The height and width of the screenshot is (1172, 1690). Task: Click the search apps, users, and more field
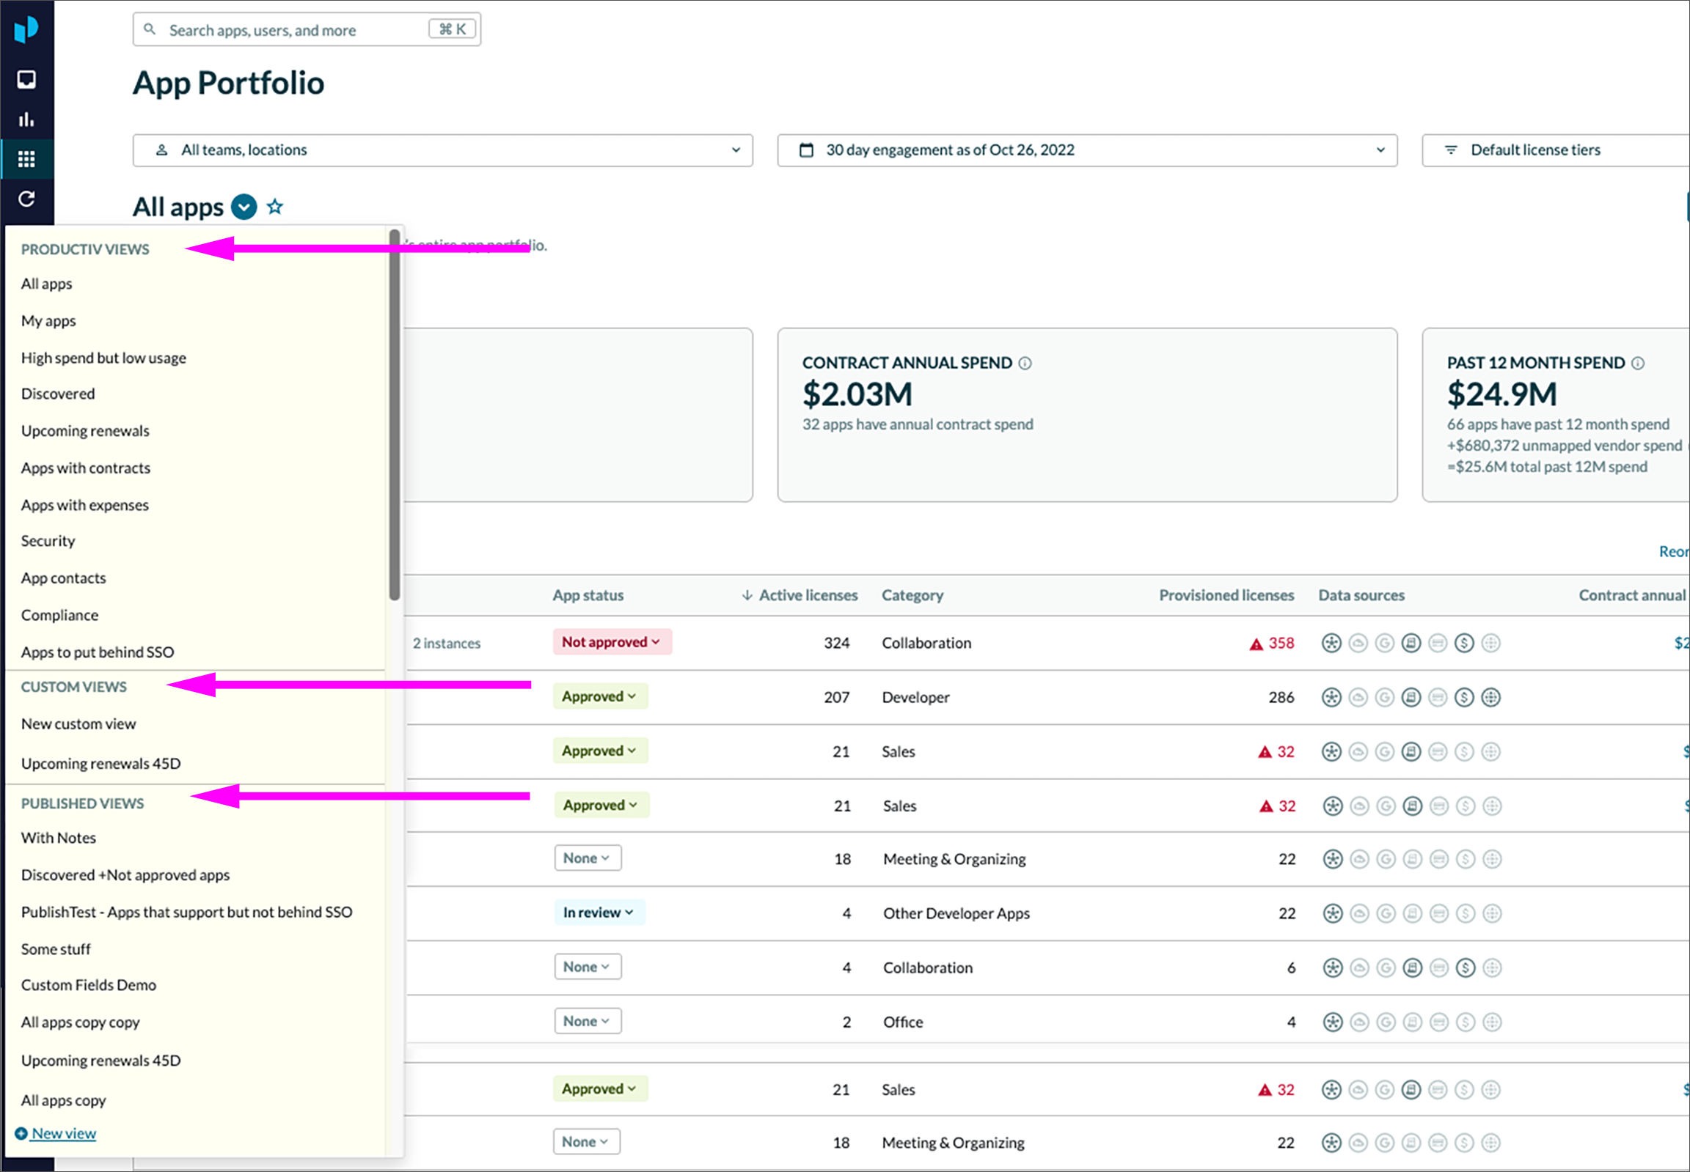point(294,30)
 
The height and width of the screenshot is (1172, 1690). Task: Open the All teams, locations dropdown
point(442,150)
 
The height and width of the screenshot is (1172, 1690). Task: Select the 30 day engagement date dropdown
point(1087,150)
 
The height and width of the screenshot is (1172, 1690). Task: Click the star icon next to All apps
point(275,207)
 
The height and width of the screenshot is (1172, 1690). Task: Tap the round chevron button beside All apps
point(244,207)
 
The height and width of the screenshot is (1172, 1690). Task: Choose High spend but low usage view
point(103,358)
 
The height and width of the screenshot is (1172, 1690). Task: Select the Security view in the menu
point(48,541)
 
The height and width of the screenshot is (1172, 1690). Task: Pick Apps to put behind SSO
point(98,652)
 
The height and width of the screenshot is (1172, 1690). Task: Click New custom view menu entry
point(78,724)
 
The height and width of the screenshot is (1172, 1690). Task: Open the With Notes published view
point(59,838)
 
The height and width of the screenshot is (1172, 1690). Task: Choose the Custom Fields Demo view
point(89,986)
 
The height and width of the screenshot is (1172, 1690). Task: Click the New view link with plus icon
point(63,1134)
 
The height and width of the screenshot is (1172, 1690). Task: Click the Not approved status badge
point(611,643)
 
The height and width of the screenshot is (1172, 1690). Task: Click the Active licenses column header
point(808,596)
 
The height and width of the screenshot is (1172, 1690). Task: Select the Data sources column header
point(1361,596)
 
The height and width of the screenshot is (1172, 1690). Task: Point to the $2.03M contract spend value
point(857,395)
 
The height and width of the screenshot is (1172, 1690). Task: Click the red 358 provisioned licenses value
point(1281,644)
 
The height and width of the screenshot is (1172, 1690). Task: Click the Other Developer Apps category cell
point(956,913)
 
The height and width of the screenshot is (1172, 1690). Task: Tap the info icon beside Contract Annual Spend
point(1025,364)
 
